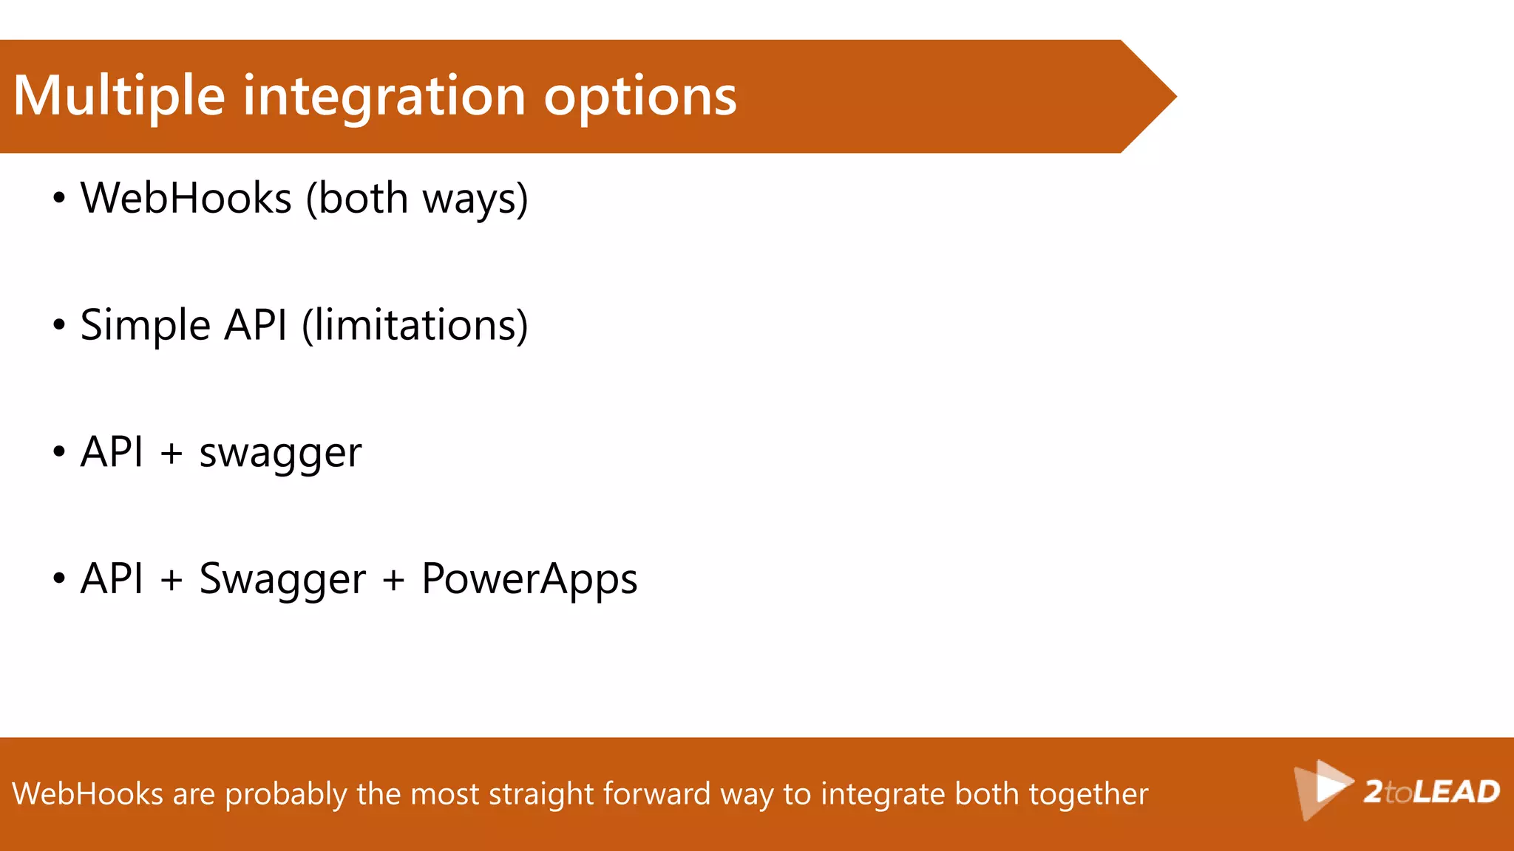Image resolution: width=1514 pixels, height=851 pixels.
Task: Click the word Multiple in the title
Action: [x=119, y=97]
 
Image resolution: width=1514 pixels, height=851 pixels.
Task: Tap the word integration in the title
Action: [x=384, y=97]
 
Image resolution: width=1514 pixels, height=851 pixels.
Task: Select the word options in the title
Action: [x=640, y=97]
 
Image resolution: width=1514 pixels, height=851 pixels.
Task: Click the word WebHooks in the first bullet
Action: [x=186, y=199]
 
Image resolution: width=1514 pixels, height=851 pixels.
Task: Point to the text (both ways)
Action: [x=417, y=199]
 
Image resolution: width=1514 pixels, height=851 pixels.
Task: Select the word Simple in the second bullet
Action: [x=146, y=326]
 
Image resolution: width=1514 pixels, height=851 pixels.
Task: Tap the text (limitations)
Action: [x=415, y=326]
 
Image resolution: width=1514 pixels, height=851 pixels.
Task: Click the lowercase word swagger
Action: [x=280, y=453]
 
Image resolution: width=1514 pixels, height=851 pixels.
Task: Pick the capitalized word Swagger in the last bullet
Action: [x=282, y=579]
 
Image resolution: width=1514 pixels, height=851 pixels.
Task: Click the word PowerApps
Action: [x=529, y=579]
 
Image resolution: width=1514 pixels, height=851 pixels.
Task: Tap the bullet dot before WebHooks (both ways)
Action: [x=59, y=199]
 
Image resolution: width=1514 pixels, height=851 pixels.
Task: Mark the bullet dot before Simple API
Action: [x=59, y=326]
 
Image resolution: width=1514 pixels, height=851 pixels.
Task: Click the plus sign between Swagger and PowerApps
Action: [x=393, y=579]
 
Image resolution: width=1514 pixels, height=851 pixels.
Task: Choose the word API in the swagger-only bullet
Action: [x=112, y=452]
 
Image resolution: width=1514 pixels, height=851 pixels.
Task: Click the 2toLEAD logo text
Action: [x=1431, y=792]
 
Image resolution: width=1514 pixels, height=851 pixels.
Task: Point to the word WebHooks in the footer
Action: [x=87, y=794]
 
